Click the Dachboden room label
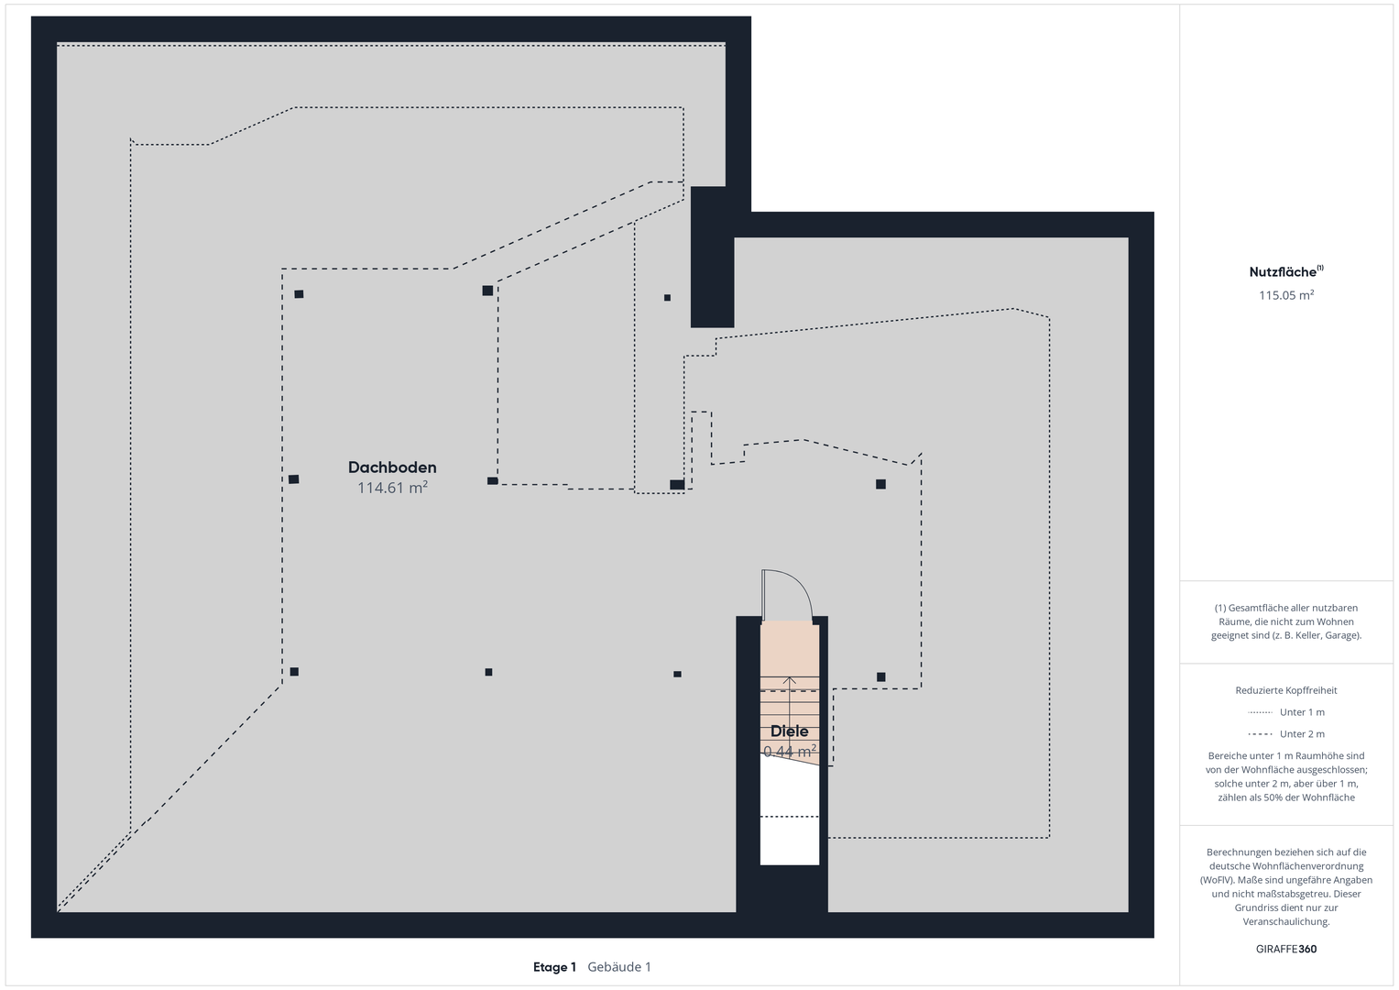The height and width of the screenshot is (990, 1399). [x=392, y=467]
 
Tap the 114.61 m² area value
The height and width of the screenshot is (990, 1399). [x=392, y=488]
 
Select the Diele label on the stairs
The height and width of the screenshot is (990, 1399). [x=790, y=731]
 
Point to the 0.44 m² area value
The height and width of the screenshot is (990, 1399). [x=790, y=751]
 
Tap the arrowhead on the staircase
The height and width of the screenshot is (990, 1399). [x=790, y=680]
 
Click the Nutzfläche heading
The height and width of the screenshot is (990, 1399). [x=1283, y=272]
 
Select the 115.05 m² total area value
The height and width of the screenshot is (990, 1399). [x=1286, y=295]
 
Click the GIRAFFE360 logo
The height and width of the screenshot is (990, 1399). [x=1286, y=949]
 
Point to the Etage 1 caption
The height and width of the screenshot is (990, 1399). [x=554, y=967]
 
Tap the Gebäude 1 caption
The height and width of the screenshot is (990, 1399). [x=619, y=967]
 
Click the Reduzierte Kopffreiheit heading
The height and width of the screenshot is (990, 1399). [x=1286, y=690]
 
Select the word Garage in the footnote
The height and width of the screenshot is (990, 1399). [x=1343, y=635]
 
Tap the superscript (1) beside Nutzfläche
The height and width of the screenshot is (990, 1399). [x=1320, y=268]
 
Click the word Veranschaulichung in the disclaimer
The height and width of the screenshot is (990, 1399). [x=1286, y=921]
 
